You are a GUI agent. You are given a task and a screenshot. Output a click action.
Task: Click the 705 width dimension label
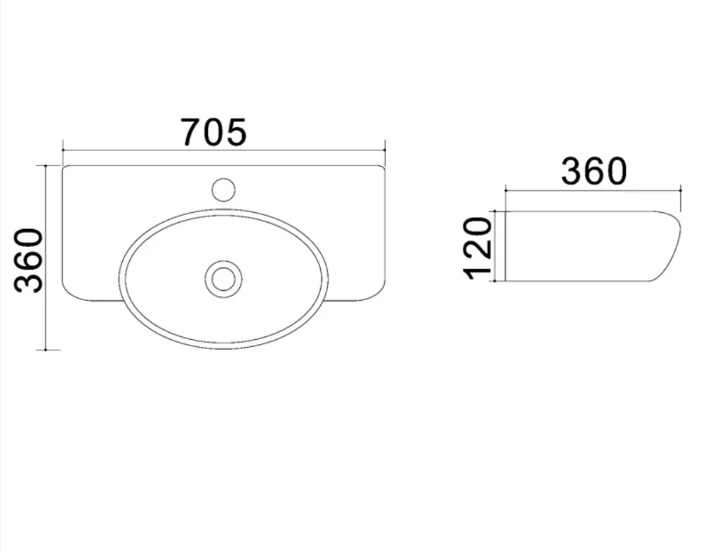click(213, 133)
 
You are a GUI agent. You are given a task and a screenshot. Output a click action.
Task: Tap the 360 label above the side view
click(594, 171)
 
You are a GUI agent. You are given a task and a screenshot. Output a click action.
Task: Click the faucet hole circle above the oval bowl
click(224, 189)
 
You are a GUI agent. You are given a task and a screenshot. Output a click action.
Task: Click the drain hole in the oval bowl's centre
click(224, 279)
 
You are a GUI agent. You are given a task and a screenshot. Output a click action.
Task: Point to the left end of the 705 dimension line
click(62, 150)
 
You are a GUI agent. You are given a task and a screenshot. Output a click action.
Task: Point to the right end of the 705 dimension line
click(385, 150)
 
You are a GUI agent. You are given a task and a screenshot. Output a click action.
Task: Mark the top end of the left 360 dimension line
click(45, 166)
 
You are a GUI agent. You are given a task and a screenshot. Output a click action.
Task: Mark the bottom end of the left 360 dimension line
click(45, 349)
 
